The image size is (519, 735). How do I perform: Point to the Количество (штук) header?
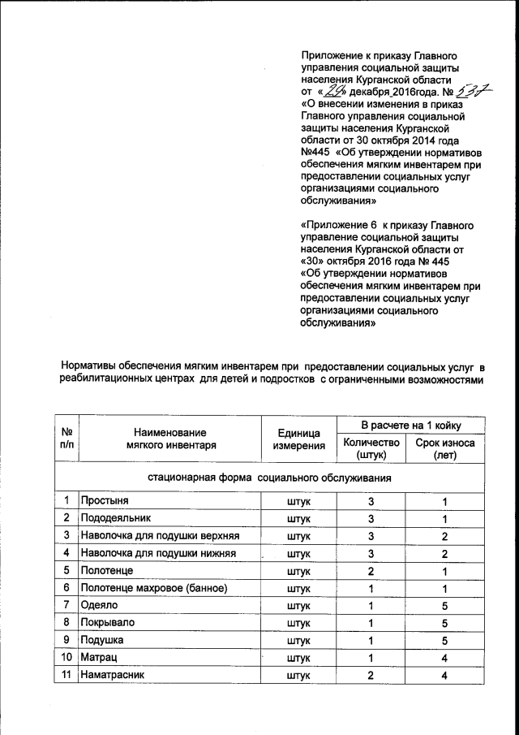pyautogui.click(x=372, y=448)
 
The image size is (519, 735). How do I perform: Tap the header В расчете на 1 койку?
pyautogui.click(x=410, y=425)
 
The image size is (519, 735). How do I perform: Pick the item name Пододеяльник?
pyautogui.click(x=116, y=517)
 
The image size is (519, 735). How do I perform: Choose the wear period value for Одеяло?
pyautogui.click(x=444, y=605)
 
